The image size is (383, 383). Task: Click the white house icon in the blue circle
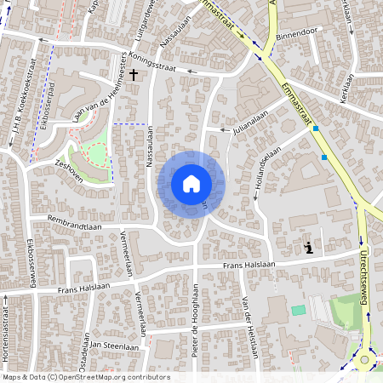pyautogui.click(x=191, y=183)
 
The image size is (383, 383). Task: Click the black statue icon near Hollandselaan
pyautogui.click(x=308, y=248)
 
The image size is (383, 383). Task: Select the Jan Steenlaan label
pyautogui.click(x=115, y=347)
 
